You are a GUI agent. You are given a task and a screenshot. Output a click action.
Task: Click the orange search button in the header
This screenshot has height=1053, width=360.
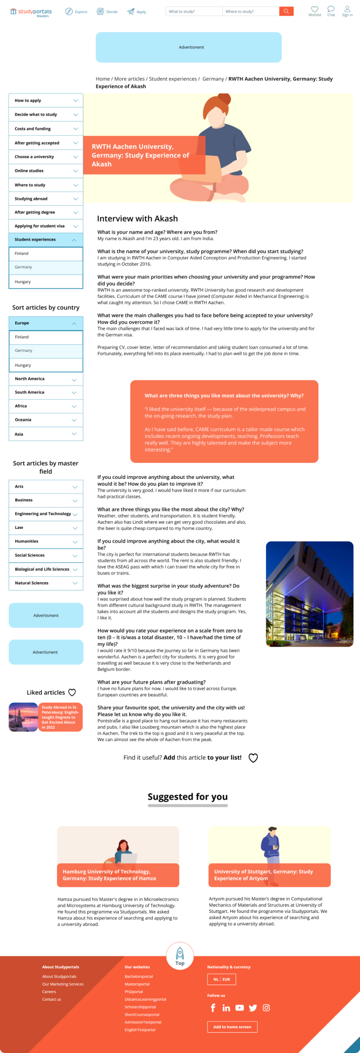[286, 11]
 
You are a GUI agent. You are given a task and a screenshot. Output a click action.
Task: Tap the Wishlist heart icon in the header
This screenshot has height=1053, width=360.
[315, 9]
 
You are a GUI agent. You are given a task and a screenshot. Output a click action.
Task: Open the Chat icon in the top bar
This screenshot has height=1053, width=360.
[331, 9]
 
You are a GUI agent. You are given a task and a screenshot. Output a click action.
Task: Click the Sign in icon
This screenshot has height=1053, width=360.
[347, 9]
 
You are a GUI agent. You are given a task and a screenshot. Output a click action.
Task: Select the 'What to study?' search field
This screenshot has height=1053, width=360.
[194, 11]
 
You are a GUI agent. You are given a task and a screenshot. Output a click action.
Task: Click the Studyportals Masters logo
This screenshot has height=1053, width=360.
[31, 12]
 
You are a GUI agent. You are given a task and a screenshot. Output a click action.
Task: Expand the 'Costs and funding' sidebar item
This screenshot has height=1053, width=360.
[46, 129]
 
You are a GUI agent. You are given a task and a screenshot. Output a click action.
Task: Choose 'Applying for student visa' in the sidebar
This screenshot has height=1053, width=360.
[46, 226]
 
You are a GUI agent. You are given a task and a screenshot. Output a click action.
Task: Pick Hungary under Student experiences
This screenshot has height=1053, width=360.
[46, 282]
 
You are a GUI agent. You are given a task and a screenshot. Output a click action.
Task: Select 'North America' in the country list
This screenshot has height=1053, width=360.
[46, 379]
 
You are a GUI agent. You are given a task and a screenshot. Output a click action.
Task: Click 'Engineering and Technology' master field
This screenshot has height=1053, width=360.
[46, 514]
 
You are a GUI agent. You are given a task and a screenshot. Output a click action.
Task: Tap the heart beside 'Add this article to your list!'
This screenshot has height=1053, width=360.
[253, 758]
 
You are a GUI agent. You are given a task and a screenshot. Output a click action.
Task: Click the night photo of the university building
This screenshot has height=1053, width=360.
[310, 593]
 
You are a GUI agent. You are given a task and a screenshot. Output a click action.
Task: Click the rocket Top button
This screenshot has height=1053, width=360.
[180, 956]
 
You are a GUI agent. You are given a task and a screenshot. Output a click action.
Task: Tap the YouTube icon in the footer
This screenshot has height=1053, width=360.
[240, 1008]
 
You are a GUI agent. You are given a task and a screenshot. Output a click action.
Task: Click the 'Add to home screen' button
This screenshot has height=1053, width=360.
[232, 1027]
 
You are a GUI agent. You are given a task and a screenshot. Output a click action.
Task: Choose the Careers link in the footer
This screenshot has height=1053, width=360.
[49, 992]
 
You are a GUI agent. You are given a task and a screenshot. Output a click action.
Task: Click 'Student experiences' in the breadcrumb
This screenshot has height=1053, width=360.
[173, 79]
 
